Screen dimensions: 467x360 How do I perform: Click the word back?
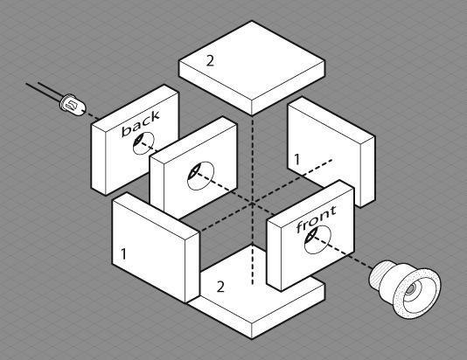141,124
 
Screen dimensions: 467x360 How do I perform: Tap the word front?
317,219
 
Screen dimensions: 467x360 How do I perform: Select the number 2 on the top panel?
210,61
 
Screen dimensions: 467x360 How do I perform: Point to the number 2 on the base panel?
220,287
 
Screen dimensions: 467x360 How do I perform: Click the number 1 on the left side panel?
123,253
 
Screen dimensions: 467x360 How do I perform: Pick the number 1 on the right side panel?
296,159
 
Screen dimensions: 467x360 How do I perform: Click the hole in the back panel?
143,143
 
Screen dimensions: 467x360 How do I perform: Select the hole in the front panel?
317,239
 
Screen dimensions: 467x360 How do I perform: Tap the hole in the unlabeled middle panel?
200,176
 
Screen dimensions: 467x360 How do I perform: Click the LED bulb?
73,105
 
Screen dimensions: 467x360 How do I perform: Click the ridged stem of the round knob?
380,273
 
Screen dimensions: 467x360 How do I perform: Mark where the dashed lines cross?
252,204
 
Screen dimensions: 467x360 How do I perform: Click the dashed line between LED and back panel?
93,115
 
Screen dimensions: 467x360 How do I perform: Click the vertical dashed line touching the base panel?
253,265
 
